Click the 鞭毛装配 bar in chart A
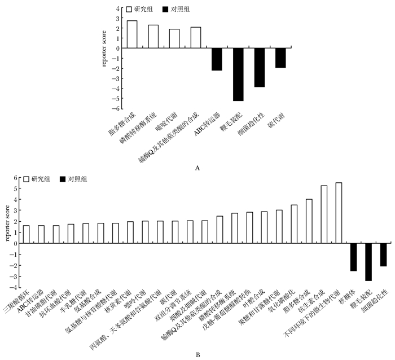pyautogui.click(x=238, y=74)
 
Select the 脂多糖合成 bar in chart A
pyautogui.click(x=132, y=34)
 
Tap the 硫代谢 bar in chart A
pyautogui.click(x=280, y=58)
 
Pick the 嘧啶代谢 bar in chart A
pyautogui.click(x=174, y=38)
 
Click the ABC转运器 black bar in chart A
pyautogui.click(x=217, y=59)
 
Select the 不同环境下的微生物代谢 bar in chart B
pyautogui.click(x=339, y=213)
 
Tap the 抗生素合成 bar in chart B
pyautogui.click(x=324, y=214)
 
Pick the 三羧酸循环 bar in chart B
pyautogui.click(x=26, y=234)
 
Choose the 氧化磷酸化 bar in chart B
pyautogui.click(x=294, y=224)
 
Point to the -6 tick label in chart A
pyautogui.click(x=117, y=109)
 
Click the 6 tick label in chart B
pyautogui.click(x=17, y=178)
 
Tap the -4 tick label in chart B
pyautogui.click(x=16, y=287)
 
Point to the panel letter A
pyautogui.click(x=196, y=168)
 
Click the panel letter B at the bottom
pyautogui.click(x=197, y=354)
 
